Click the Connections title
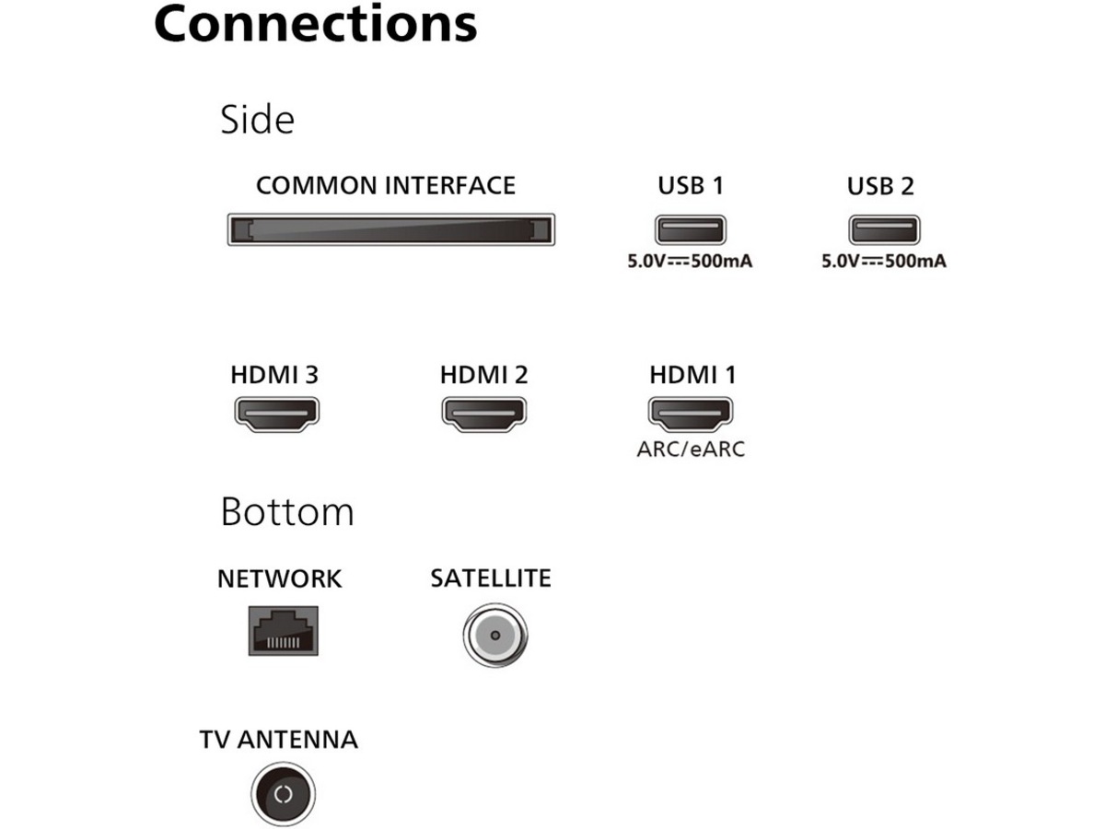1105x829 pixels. [315, 23]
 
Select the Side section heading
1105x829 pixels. [257, 120]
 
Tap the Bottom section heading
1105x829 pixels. [287, 511]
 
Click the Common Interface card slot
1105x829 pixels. [390, 229]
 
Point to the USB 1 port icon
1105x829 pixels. [690, 230]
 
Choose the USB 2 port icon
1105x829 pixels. [883, 230]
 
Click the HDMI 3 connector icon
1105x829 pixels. [276, 414]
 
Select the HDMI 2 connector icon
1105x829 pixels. [483, 414]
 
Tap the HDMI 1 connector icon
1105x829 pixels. [691, 414]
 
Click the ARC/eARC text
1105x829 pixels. [691, 449]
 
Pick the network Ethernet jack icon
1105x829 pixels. [283, 630]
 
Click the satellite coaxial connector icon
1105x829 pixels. [494, 635]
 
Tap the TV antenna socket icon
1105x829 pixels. [283, 794]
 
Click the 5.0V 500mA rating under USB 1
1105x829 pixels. [690, 261]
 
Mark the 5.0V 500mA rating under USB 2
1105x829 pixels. [883, 261]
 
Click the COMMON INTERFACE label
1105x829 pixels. [386, 185]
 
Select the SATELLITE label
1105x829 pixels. [490, 578]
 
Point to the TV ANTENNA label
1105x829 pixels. [278, 739]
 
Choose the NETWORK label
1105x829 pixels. [279, 578]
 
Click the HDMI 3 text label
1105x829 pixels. [274, 375]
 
